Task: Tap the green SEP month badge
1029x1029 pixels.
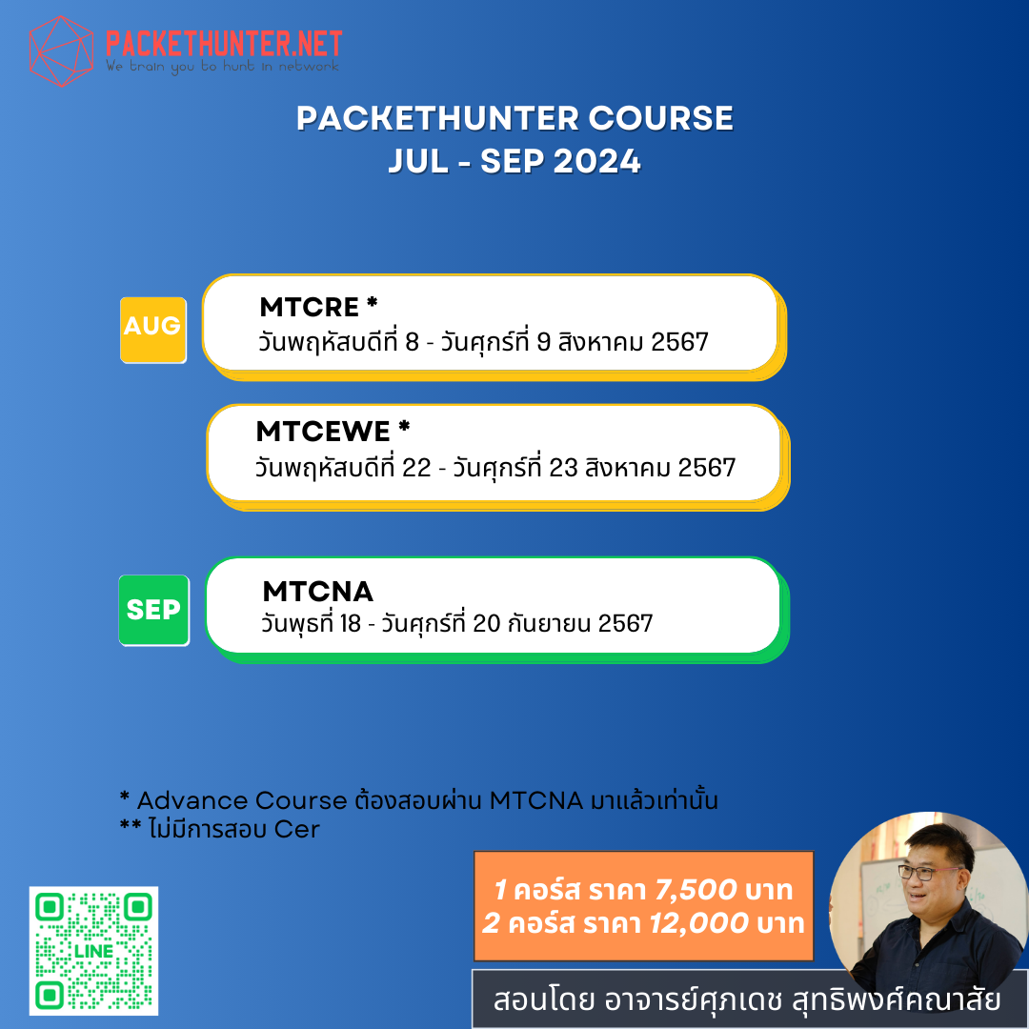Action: click(x=153, y=610)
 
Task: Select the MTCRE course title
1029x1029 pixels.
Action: click(x=310, y=307)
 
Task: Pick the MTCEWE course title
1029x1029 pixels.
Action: click(x=324, y=432)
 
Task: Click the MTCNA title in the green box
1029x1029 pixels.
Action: click(x=317, y=592)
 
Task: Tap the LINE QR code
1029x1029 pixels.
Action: click(x=93, y=950)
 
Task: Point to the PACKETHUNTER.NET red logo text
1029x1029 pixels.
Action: click(x=223, y=43)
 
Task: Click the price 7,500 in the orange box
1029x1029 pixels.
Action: click(x=695, y=890)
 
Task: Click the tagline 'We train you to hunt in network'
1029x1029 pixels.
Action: click(x=221, y=67)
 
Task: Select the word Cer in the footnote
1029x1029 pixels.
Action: click(x=296, y=829)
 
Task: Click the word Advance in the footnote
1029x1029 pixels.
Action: click(x=186, y=800)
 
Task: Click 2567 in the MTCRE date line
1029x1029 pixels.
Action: click(x=679, y=341)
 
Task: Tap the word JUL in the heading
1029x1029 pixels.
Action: click(x=418, y=161)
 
